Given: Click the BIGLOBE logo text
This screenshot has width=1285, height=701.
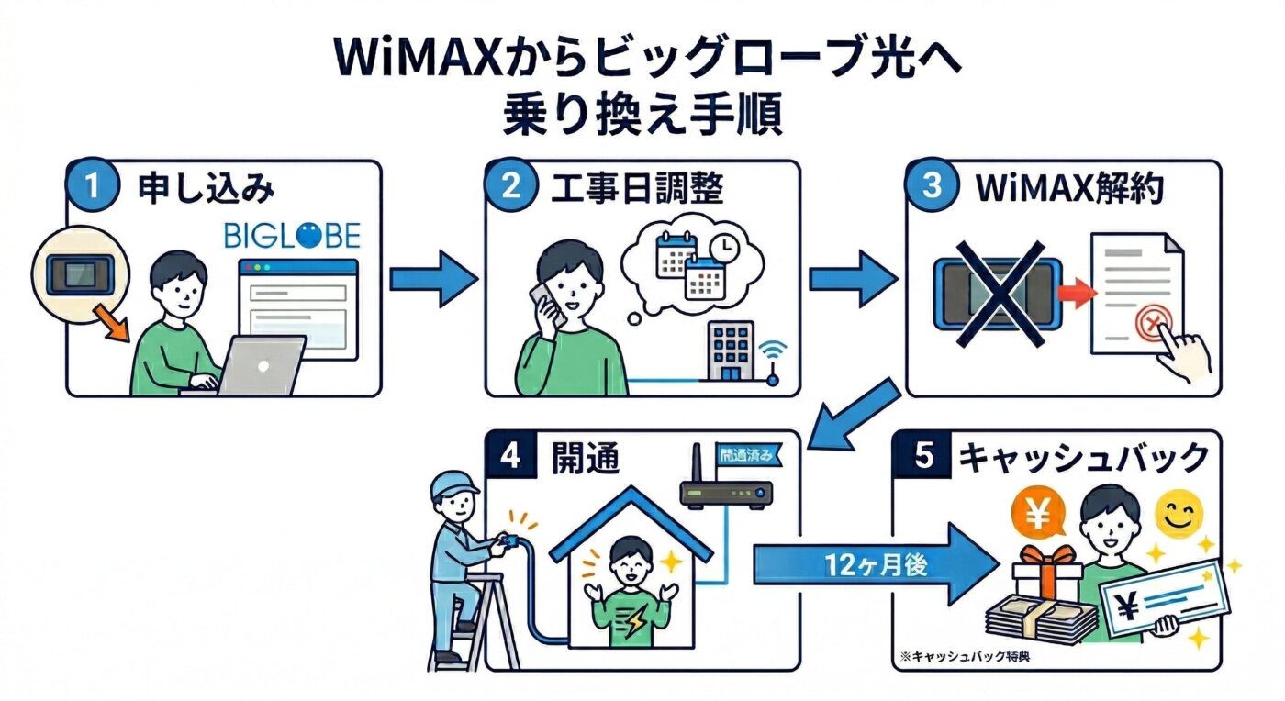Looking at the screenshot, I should coord(292,234).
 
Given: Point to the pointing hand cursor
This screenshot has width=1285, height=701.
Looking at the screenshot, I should coord(1179,353).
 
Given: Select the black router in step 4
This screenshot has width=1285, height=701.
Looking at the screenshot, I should coord(725,494).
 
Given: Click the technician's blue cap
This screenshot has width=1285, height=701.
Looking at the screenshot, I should coord(455,484).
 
